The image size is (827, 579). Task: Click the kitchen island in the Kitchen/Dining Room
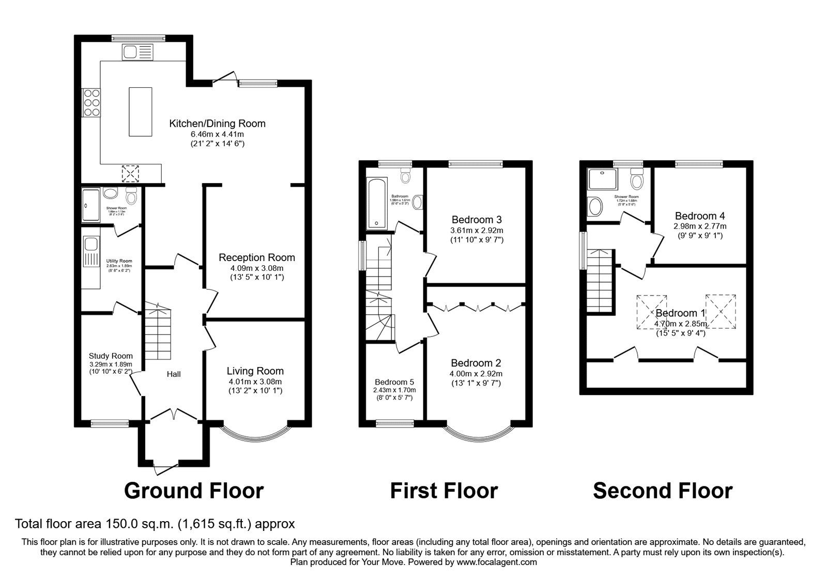click(141, 112)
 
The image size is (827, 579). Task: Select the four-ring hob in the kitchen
click(91, 102)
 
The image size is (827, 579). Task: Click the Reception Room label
click(256, 257)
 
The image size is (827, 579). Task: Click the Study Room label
click(111, 356)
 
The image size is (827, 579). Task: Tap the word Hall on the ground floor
click(174, 374)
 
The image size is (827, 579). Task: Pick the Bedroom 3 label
click(477, 219)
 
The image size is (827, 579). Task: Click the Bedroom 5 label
click(394, 382)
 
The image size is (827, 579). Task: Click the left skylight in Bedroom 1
click(651, 312)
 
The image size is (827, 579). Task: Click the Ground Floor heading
click(194, 491)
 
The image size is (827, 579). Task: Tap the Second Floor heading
click(662, 491)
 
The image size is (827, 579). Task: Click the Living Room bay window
click(255, 437)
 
